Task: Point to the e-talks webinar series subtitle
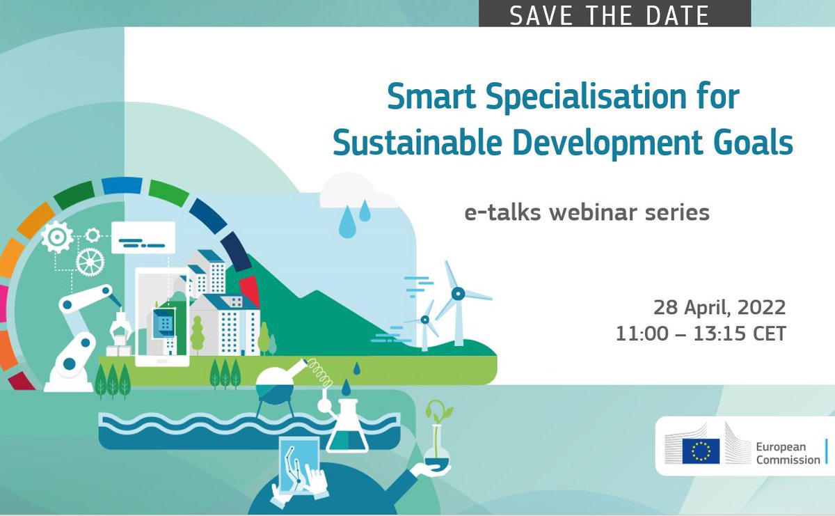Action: tap(587, 212)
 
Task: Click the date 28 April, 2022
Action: tap(719, 307)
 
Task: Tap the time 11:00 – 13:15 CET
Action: tap(700, 334)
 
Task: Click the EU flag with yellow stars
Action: tap(700, 451)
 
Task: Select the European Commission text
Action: tap(788, 453)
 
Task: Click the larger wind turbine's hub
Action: tap(458, 294)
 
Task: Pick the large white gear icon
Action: tap(57, 237)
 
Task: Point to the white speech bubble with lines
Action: tap(143, 237)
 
